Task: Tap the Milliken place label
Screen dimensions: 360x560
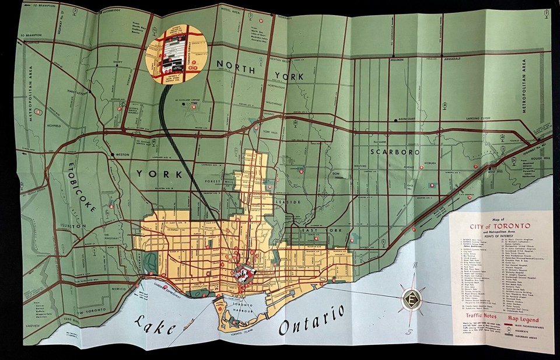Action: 397,60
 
